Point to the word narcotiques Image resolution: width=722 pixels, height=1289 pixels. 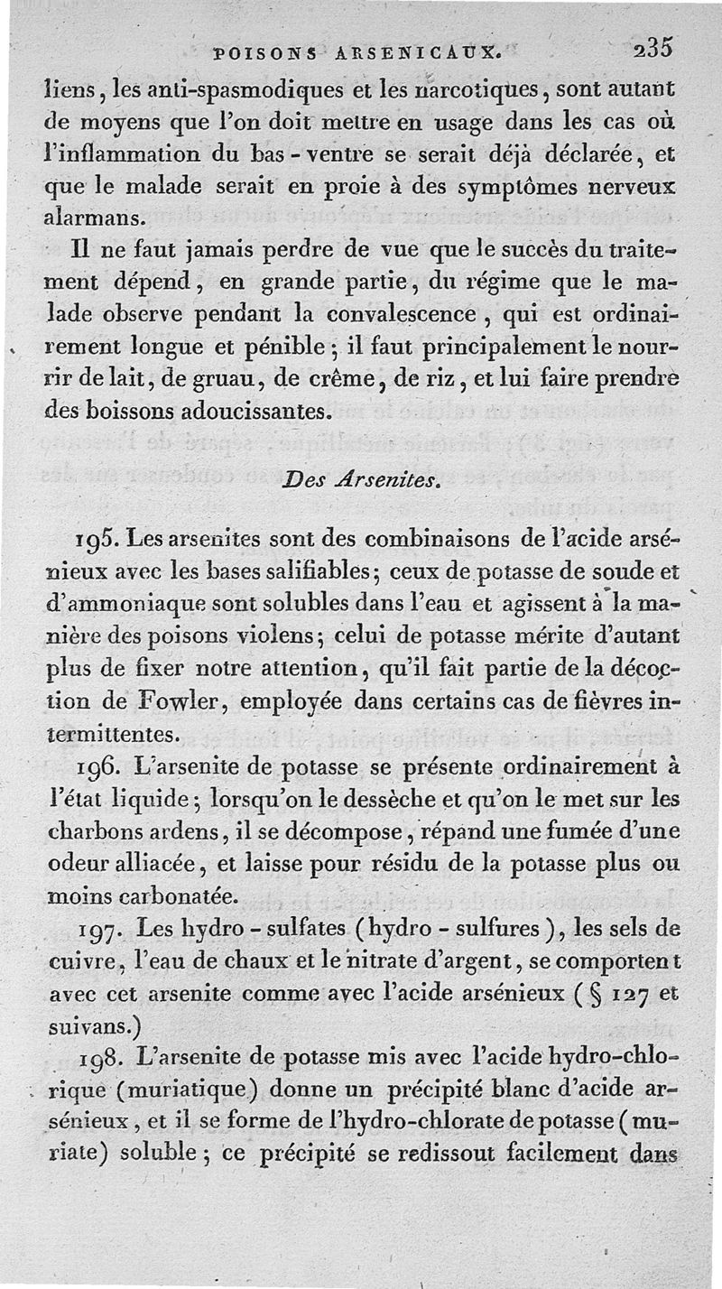(435, 90)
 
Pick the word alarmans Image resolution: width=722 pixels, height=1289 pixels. (91, 218)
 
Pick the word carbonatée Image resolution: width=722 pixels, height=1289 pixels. (181, 896)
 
